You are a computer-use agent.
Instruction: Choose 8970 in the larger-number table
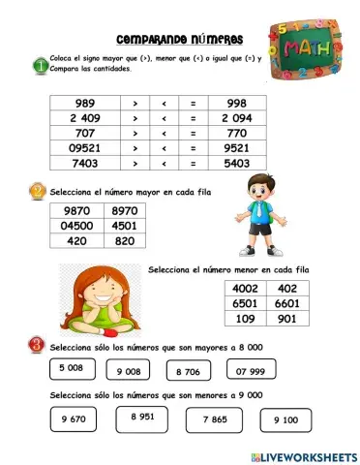pyautogui.click(x=124, y=209)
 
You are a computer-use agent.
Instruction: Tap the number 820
pyautogui.click(x=124, y=242)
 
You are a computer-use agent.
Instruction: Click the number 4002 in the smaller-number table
pyautogui.click(x=246, y=288)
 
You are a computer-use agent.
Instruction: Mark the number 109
pyautogui.click(x=246, y=319)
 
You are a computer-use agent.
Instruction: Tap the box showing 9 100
pyautogui.click(x=285, y=419)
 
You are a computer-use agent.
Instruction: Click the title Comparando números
pyautogui.click(x=179, y=40)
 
